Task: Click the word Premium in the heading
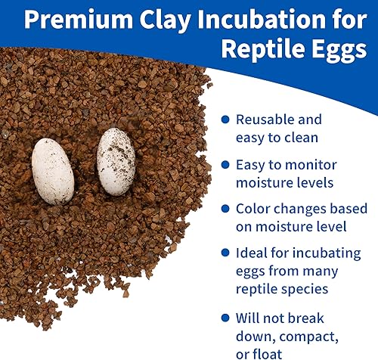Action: (x=79, y=20)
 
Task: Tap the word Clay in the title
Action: (x=165, y=21)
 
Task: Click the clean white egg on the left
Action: (x=53, y=171)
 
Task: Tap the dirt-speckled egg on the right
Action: (x=116, y=162)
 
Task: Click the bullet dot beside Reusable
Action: (x=225, y=119)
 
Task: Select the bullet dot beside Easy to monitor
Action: (x=225, y=165)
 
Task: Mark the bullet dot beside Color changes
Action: (x=225, y=209)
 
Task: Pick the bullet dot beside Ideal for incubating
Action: (x=225, y=253)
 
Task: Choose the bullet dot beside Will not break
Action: (x=225, y=318)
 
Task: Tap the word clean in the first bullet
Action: (x=301, y=138)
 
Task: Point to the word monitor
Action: (x=311, y=165)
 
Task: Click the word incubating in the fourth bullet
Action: (x=327, y=253)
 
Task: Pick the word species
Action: (x=305, y=290)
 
